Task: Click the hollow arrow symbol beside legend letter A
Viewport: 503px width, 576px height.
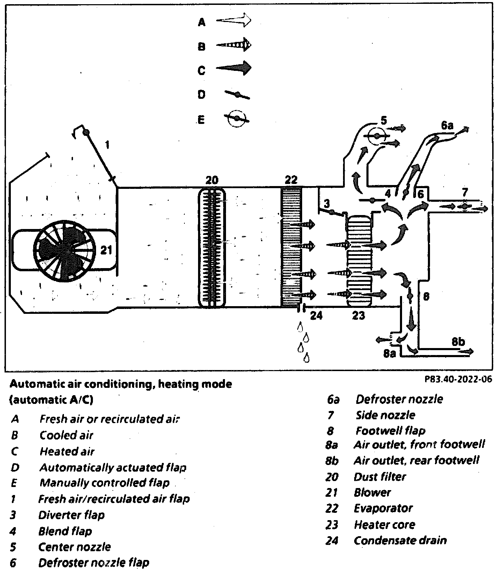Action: (x=234, y=21)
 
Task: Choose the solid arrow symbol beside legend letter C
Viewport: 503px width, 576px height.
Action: (x=234, y=68)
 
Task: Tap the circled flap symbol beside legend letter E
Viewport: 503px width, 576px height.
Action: (x=236, y=119)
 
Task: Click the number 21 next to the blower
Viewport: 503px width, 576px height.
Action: (x=106, y=250)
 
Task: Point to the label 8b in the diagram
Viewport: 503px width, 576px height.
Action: (x=458, y=341)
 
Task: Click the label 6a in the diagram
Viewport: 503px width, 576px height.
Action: (x=447, y=125)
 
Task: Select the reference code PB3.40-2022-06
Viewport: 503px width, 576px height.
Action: (x=458, y=379)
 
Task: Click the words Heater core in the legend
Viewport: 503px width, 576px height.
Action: (x=384, y=524)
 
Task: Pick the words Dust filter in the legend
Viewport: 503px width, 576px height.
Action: (x=379, y=477)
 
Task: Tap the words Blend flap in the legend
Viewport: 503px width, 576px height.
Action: (x=65, y=531)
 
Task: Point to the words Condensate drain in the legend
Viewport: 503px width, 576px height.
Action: (x=400, y=540)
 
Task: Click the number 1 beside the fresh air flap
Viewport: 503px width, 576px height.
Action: (x=107, y=145)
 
